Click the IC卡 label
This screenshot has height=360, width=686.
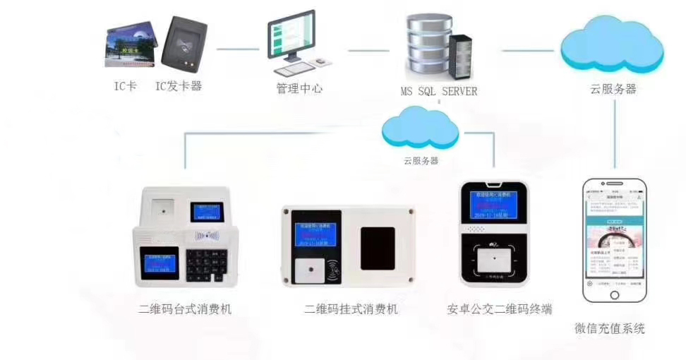(125, 88)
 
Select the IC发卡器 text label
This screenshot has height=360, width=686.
(179, 88)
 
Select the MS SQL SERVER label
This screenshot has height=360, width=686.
(438, 91)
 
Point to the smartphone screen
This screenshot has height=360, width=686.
(614, 239)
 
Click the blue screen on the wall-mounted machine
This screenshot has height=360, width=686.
(310, 236)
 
